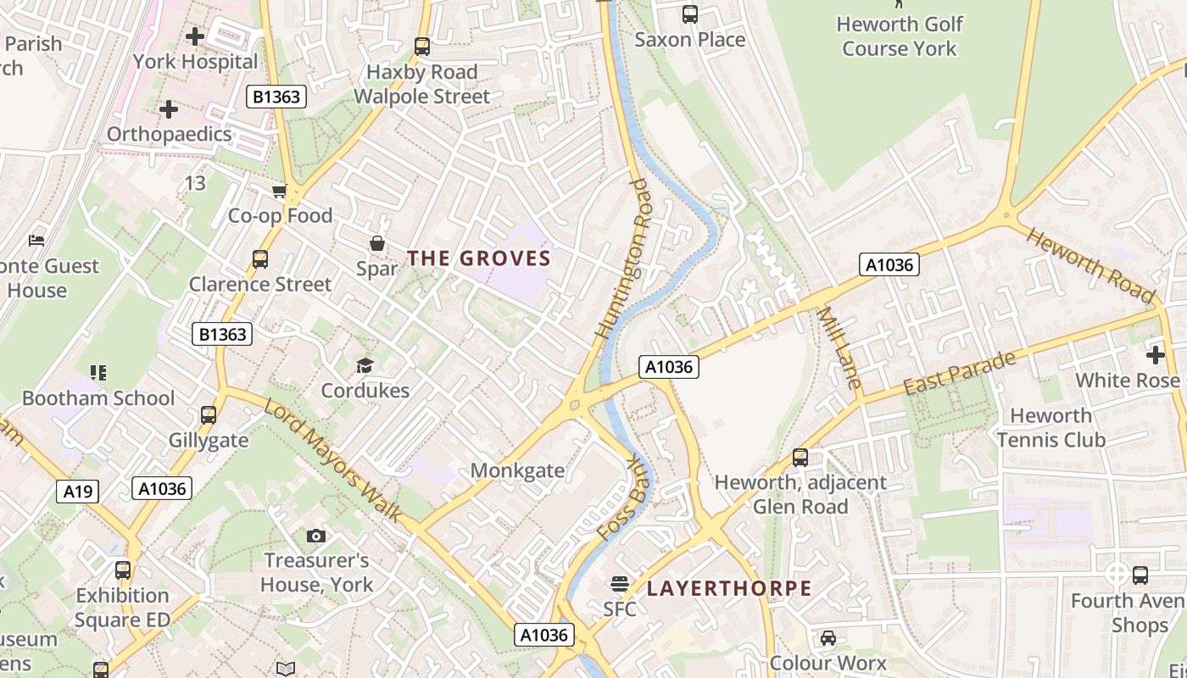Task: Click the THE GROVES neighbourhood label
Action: click(x=479, y=258)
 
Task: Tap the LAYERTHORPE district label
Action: click(x=729, y=588)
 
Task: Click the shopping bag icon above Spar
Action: click(x=377, y=244)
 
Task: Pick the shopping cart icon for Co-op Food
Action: click(x=279, y=192)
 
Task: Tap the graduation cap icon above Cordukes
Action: click(x=365, y=365)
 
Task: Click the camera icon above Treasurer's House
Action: click(x=316, y=536)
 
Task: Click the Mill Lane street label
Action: click(x=839, y=347)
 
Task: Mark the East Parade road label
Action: click(x=959, y=373)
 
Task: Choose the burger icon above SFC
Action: click(x=620, y=583)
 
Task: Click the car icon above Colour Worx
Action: click(x=828, y=638)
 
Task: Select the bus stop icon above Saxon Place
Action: click(x=690, y=14)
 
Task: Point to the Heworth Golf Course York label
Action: click(x=900, y=36)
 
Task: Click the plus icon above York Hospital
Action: click(x=195, y=36)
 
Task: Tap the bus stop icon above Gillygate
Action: click(x=209, y=415)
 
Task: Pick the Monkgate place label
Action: click(x=517, y=470)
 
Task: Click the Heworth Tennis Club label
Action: click(x=1051, y=427)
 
